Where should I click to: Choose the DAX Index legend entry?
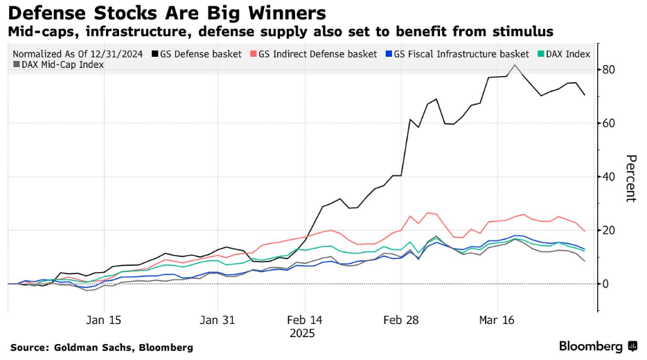coord(564,53)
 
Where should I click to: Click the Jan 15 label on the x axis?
coord(104,320)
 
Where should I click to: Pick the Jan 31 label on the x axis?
coord(218,320)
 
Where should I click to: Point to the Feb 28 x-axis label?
coord(402,320)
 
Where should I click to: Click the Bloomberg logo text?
coord(591,346)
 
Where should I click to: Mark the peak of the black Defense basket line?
coord(515,65)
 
